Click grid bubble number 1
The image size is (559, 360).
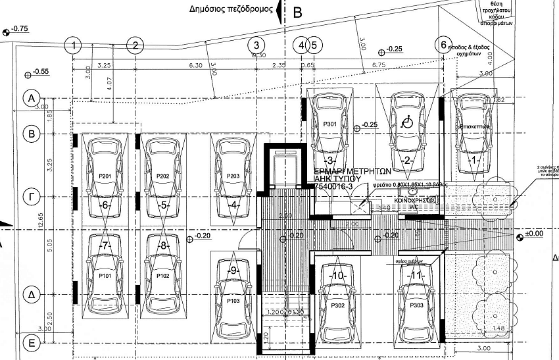coord(75,45)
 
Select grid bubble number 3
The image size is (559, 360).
coord(256,45)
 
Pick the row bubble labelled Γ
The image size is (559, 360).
coord(30,195)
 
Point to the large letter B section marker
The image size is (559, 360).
coord(297,11)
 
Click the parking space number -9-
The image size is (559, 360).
coord(232,270)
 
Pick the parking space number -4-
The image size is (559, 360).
coord(233,204)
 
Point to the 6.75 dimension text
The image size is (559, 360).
coord(378,66)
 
